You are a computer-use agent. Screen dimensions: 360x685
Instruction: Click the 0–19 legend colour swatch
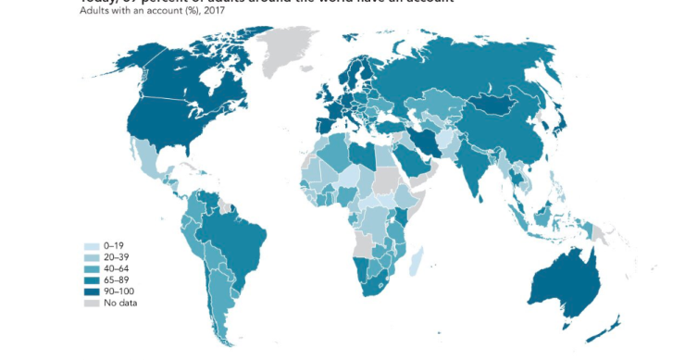click(x=92, y=246)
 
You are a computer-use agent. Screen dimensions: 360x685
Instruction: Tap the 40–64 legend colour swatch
click(x=92, y=268)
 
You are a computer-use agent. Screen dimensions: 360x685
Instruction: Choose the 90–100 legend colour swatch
click(x=92, y=291)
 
